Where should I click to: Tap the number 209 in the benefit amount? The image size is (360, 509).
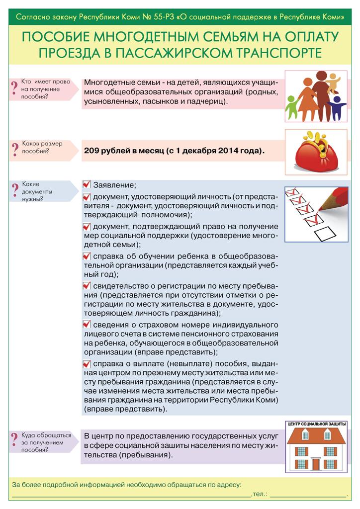[x=92, y=150]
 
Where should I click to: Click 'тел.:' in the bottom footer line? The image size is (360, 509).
[x=260, y=495]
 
